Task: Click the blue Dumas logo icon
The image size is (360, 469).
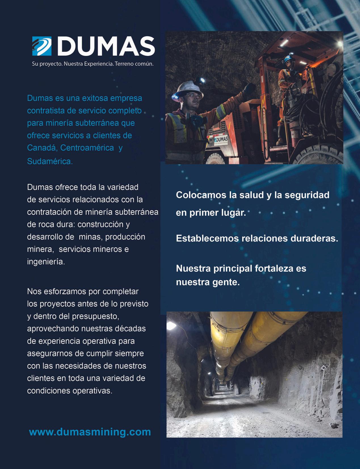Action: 42,46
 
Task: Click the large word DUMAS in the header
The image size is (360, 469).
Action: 106,46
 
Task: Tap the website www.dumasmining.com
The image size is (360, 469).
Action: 90,432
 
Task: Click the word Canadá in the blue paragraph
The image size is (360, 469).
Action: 42,148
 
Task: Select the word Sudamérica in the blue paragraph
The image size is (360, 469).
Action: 50,161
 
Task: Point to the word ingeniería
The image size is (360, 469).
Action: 46,261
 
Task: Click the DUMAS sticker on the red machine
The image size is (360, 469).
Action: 221,140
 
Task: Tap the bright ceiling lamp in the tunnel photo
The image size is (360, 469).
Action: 171,326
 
